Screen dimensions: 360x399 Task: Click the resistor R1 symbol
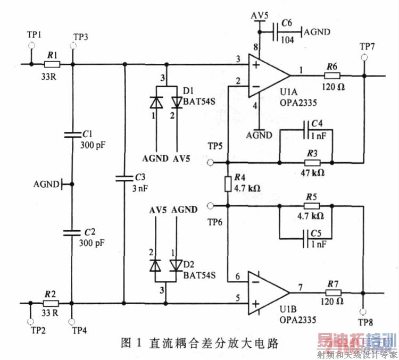pyautogui.click(x=52, y=64)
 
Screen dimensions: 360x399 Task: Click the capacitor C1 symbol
pyautogui.click(x=72, y=135)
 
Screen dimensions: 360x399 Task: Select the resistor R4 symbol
pyautogui.click(x=228, y=184)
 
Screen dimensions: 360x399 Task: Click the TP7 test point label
pyautogui.click(x=367, y=46)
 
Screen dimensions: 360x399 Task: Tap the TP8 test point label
pyautogui.click(x=366, y=322)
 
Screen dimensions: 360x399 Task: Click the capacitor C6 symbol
pyautogui.click(x=275, y=32)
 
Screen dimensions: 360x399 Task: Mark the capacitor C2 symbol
pyautogui.click(x=72, y=232)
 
